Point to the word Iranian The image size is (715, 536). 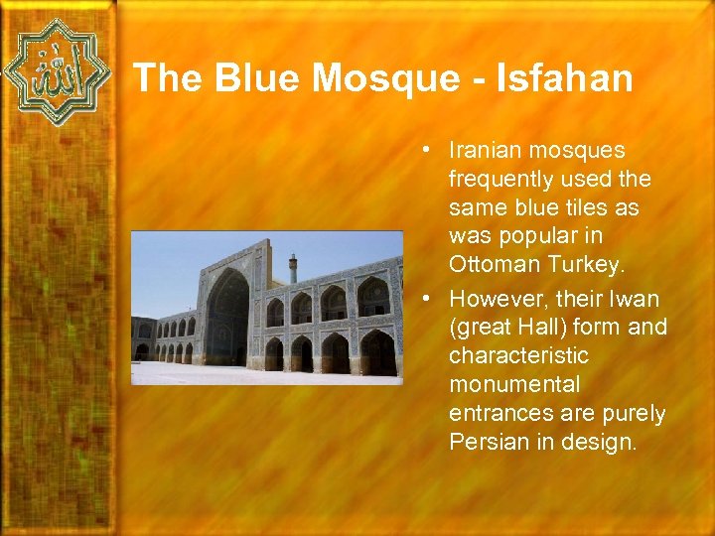pos(487,151)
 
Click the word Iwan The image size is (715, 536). pos(638,299)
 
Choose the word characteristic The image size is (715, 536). pos(518,355)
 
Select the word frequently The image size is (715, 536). pos(500,180)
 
